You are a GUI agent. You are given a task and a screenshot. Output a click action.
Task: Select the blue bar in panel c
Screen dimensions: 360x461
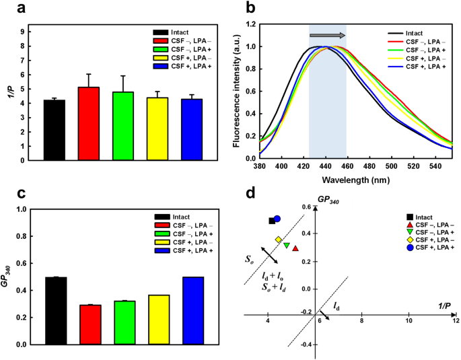coord(192,310)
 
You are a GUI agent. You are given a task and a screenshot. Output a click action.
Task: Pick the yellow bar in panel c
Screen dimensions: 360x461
coord(158,320)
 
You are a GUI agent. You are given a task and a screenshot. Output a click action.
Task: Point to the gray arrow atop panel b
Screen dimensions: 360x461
coord(327,35)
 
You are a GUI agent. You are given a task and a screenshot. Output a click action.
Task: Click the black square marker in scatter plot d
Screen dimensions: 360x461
coord(272,221)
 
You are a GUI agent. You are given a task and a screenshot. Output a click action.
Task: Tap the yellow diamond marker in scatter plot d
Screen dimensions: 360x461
coord(279,240)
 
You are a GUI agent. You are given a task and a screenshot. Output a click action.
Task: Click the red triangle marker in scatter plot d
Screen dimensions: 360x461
coord(295,248)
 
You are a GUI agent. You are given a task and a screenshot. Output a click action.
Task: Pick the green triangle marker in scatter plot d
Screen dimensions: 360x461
coord(287,246)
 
